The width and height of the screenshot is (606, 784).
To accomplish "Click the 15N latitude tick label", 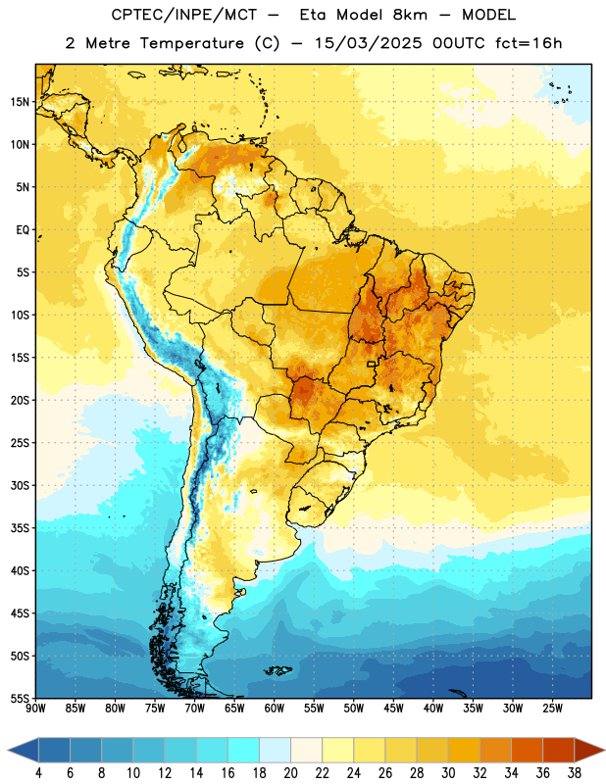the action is click(20, 102).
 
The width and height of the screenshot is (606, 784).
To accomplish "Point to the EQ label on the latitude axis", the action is click(23, 230).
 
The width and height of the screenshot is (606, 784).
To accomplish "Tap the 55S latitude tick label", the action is click(20, 698).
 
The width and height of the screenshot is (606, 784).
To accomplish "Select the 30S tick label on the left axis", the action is click(20, 485).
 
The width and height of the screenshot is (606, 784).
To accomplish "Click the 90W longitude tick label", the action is click(35, 708).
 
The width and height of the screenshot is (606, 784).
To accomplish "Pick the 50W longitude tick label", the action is click(353, 708).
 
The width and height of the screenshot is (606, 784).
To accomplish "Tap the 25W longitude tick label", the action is click(552, 708).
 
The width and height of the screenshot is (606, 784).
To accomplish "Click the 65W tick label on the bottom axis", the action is click(234, 708).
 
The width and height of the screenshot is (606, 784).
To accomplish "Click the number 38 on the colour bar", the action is click(575, 773).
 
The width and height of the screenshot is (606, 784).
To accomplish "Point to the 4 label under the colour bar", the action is click(38, 773).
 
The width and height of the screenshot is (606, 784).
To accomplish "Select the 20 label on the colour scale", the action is click(290, 773).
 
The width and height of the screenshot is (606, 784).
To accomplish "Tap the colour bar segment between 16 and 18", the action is click(244, 750).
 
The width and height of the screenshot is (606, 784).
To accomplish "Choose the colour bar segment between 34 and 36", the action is click(527, 750).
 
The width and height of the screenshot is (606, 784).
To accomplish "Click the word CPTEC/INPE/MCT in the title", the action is click(183, 15).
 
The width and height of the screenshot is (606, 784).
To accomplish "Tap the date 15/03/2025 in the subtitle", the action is click(369, 43).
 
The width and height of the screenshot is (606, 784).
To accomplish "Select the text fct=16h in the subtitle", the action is click(529, 43).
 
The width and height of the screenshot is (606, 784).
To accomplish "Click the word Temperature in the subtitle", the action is click(191, 43).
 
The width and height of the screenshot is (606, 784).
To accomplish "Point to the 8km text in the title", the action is click(410, 15).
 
